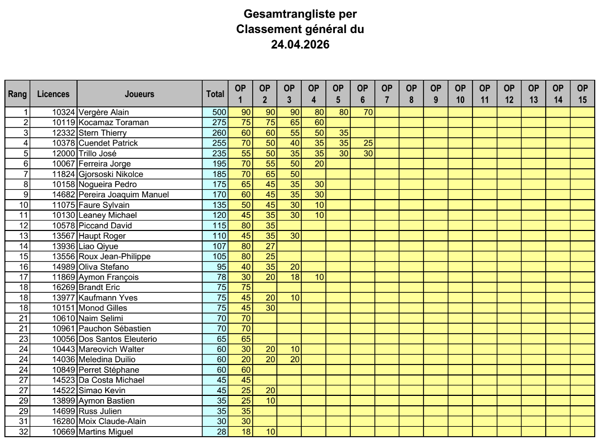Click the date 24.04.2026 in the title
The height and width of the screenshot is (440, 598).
click(300, 45)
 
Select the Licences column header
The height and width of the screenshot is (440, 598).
click(53, 94)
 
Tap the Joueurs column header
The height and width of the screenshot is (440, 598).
click(139, 94)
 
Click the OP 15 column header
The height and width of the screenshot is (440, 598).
click(582, 94)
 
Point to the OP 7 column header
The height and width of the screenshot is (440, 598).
click(387, 94)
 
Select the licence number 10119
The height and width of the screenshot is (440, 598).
click(64, 122)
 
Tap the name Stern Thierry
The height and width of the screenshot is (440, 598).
click(102, 133)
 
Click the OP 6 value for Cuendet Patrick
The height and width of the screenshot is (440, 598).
click(368, 143)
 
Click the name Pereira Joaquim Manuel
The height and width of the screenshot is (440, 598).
click(123, 195)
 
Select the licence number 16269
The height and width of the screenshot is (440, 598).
click(64, 287)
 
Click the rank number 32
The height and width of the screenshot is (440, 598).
click(23, 432)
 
